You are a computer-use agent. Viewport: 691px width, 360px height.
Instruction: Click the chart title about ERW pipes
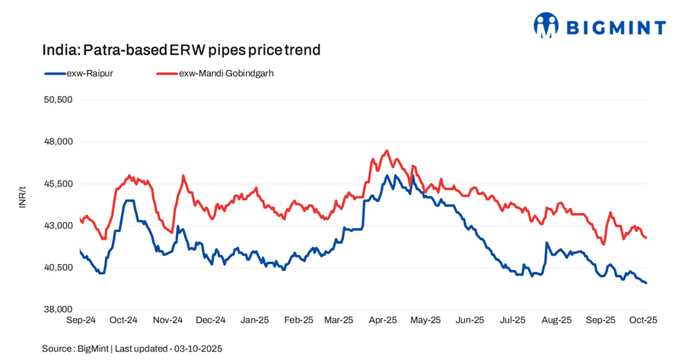[x=181, y=50]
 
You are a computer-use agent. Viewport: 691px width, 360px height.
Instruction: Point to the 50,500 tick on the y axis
[x=57, y=100]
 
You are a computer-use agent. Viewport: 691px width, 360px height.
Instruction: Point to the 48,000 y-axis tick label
[x=57, y=142]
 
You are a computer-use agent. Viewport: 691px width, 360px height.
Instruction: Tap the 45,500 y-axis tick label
[x=57, y=183]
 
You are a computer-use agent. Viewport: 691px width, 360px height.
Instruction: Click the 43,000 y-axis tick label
[x=57, y=225]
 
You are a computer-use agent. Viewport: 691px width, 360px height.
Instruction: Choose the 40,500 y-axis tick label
[x=57, y=267]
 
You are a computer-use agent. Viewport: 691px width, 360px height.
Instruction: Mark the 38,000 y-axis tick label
[x=57, y=309]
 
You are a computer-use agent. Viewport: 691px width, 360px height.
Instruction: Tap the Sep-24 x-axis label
[x=81, y=320]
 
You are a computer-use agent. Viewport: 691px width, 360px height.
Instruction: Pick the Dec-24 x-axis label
[x=211, y=320]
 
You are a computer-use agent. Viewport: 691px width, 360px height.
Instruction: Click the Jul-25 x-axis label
[x=512, y=320]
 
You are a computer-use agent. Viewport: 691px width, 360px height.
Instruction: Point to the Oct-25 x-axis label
[x=642, y=320]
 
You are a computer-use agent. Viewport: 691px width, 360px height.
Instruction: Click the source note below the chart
[x=132, y=348]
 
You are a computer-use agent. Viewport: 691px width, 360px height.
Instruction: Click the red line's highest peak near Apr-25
[x=387, y=151]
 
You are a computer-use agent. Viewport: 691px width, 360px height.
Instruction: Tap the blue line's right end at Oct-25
[x=645, y=283]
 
